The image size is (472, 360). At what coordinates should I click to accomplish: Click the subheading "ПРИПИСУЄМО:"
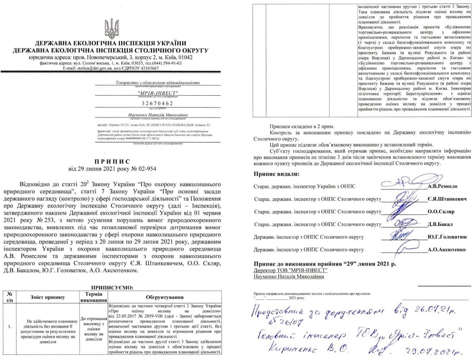(x=112, y=288)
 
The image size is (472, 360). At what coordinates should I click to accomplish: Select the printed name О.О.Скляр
(x=441, y=212)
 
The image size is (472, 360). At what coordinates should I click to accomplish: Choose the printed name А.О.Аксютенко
(x=446, y=250)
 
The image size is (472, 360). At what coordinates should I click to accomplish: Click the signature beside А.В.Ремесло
(x=402, y=182)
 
